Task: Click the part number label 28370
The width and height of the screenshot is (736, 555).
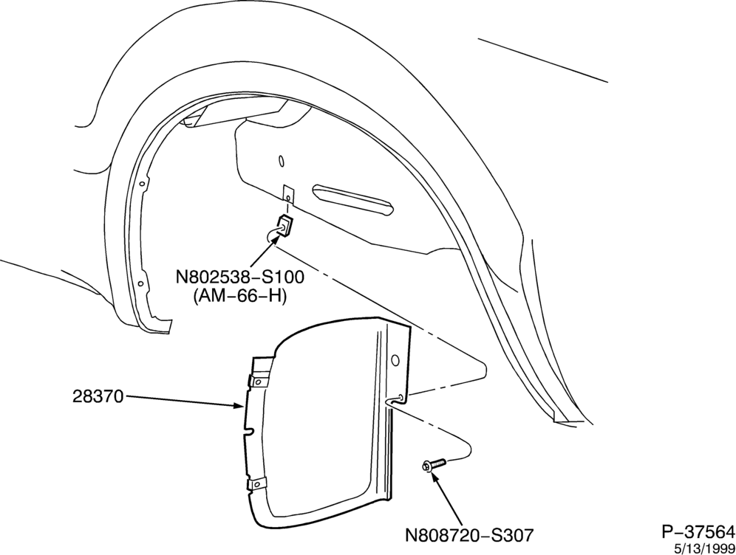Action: pos(98,397)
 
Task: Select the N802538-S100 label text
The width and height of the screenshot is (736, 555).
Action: pos(240,277)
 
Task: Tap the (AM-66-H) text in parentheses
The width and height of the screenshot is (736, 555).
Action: pos(240,297)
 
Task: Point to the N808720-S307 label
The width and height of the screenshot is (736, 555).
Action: pos(469,534)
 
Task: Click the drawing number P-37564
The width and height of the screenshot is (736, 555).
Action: pos(698,532)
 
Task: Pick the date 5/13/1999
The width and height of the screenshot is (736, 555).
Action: pos(704,548)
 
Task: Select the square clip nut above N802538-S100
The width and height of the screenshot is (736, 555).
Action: pos(284,227)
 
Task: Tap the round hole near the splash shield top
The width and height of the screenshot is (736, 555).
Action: pos(395,360)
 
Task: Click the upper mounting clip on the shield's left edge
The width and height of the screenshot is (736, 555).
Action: pos(257,381)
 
